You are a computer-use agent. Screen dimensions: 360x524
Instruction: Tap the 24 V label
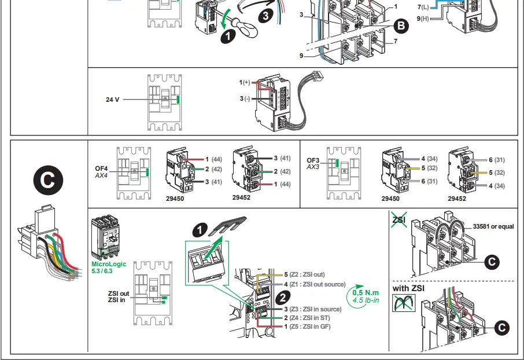(x=112, y=100)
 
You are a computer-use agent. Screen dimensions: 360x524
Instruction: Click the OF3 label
(x=313, y=160)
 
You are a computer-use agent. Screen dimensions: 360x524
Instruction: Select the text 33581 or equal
(x=493, y=226)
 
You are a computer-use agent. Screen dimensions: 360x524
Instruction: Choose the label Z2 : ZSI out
(x=307, y=274)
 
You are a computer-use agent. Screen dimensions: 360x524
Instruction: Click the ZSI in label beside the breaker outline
(x=117, y=300)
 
